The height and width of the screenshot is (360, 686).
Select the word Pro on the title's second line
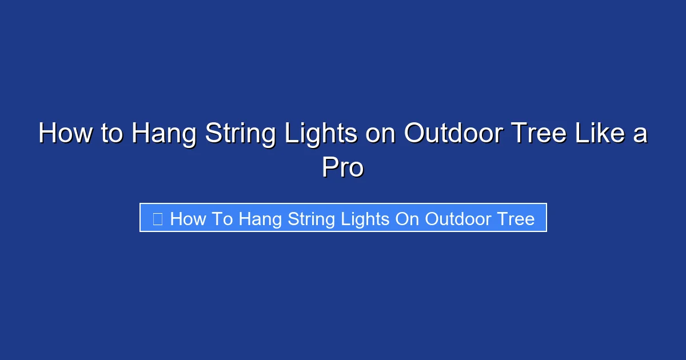click(x=342, y=168)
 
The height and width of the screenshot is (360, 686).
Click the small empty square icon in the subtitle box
click(x=158, y=218)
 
